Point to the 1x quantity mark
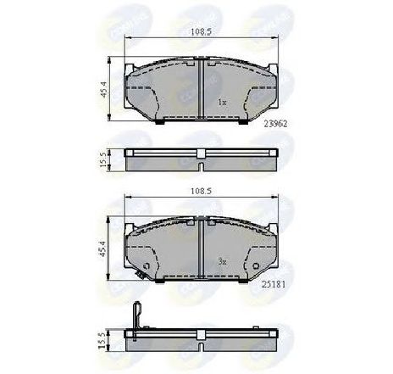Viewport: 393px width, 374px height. [x=222, y=101]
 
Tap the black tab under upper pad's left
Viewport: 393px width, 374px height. [x=158, y=120]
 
